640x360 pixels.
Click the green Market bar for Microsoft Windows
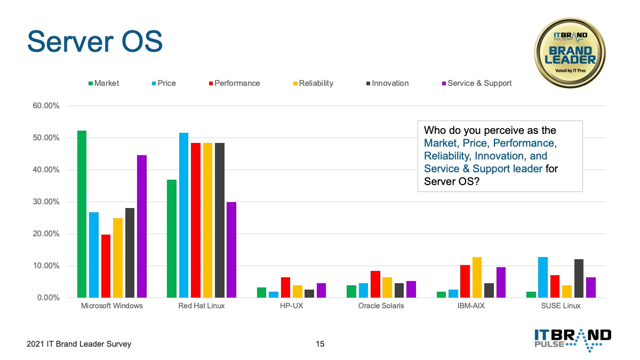click(82, 214)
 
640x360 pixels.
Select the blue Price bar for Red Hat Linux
click(183, 215)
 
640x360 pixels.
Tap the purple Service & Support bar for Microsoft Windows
click(142, 226)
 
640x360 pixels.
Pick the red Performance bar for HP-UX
click(285, 287)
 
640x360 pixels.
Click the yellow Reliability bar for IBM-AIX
click(477, 277)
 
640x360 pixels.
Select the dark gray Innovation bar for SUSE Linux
click(579, 278)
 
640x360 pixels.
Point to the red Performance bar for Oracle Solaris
click(375, 284)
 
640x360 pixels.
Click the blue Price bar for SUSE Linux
click(543, 277)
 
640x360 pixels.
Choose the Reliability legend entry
click(313, 83)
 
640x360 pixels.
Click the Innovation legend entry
click(387, 83)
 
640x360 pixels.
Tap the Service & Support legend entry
click(477, 83)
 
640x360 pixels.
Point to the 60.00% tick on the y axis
click(46, 106)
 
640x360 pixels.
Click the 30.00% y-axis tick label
click(46, 202)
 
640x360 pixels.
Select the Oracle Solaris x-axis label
click(381, 306)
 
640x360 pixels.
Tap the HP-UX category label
click(291, 306)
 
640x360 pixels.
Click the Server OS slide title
click(95, 42)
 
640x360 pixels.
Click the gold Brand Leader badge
click(570, 53)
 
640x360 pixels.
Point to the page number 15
click(320, 344)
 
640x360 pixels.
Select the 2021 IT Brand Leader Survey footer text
click(79, 344)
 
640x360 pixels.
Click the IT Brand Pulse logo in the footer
click(573, 340)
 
